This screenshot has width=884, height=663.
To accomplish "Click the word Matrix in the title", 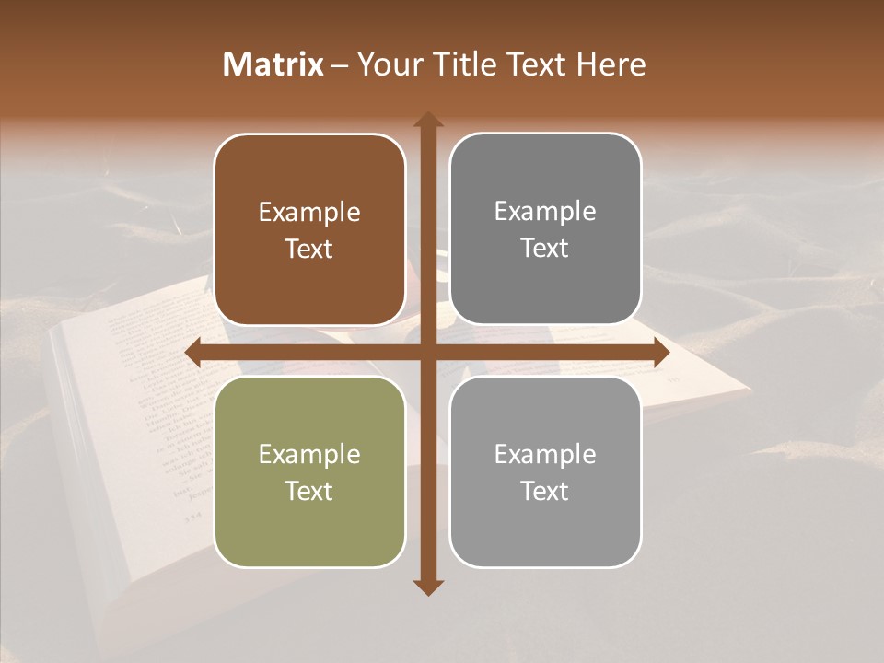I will click(x=273, y=64).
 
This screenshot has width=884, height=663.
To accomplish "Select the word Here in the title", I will click(x=611, y=64).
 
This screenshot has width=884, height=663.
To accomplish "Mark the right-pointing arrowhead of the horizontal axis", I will click(x=660, y=353).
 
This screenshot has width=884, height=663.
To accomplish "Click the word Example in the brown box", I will click(x=309, y=213).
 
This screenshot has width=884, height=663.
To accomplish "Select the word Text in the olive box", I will click(x=309, y=491).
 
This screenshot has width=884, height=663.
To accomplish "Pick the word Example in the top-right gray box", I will click(x=545, y=212).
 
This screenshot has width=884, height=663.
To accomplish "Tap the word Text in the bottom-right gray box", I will click(x=545, y=491).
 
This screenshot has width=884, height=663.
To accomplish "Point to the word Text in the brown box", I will click(x=309, y=250).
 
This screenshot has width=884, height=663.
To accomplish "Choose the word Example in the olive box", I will click(x=309, y=455).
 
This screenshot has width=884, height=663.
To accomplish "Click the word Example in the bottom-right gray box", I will click(x=545, y=454).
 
